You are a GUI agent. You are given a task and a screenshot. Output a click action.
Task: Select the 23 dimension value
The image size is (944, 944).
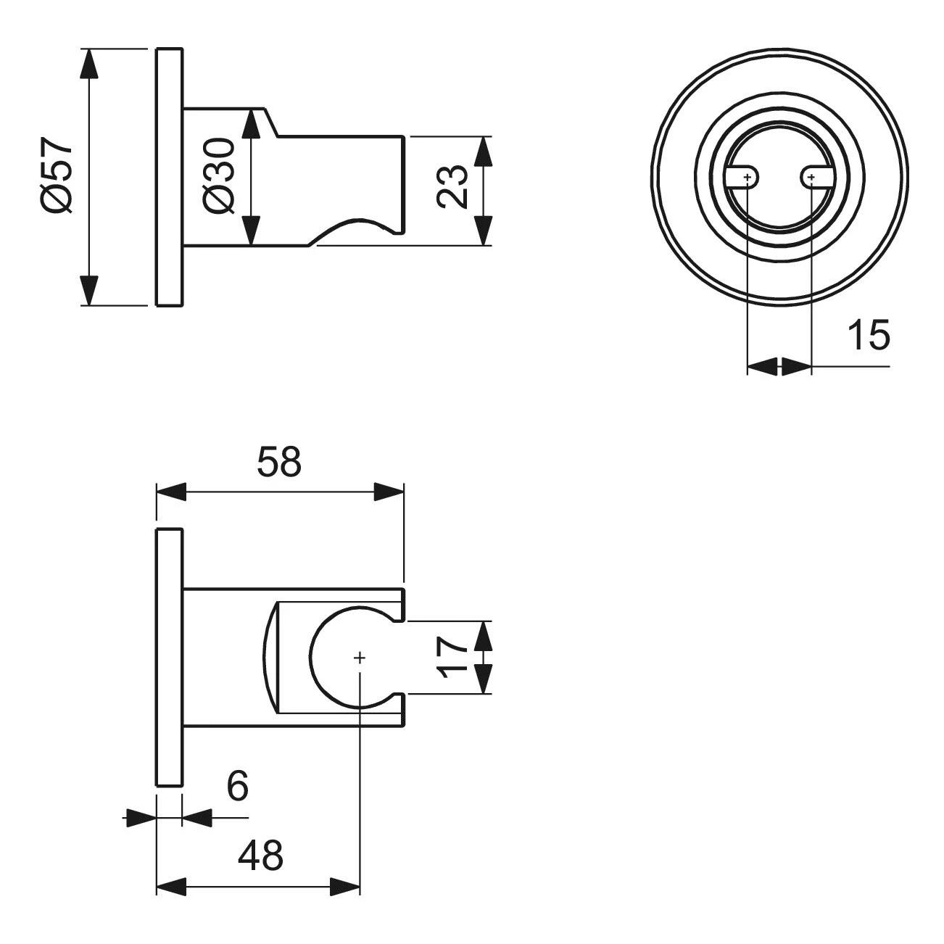[x=453, y=187]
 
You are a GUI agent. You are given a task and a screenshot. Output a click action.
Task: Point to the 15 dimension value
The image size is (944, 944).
[x=868, y=336]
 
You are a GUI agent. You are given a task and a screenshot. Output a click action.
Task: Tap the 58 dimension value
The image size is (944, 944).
[x=278, y=462]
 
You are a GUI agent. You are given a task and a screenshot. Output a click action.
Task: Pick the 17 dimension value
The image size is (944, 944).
[x=453, y=657]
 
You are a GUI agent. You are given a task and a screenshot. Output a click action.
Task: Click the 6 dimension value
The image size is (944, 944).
[x=237, y=787]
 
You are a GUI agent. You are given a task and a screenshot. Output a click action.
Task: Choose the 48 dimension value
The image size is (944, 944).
[x=260, y=856]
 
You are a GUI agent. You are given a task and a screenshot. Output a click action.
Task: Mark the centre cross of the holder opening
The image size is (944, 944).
[x=360, y=658]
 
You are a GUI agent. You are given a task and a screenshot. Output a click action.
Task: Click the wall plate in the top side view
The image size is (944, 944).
[x=169, y=177]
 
